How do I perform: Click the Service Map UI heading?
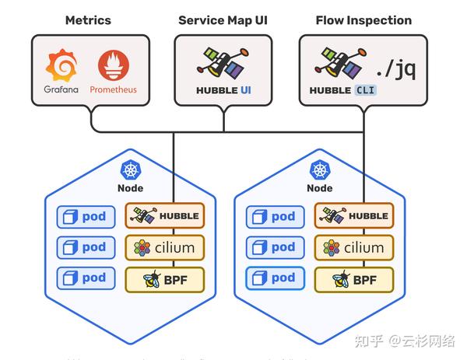tap(223, 20)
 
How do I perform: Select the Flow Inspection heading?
tap(363, 20)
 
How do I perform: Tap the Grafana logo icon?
tap(61, 65)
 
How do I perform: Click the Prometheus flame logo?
tap(113, 65)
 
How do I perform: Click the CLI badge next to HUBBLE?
tap(365, 90)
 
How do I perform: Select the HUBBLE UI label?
tap(223, 90)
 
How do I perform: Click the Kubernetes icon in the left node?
tap(130, 170)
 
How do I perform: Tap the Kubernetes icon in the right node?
tap(319, 170)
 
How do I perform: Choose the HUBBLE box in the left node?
tap(165, 216)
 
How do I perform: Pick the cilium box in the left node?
tap(165, 248)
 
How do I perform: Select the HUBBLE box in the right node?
tap(353, 216)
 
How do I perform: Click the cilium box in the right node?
tap(353, 248)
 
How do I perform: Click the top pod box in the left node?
tap(86, 217)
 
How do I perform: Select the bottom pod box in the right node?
tap(275, 278)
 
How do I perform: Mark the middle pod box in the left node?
tap(86, 248)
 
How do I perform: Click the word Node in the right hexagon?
tap(319, 188)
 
